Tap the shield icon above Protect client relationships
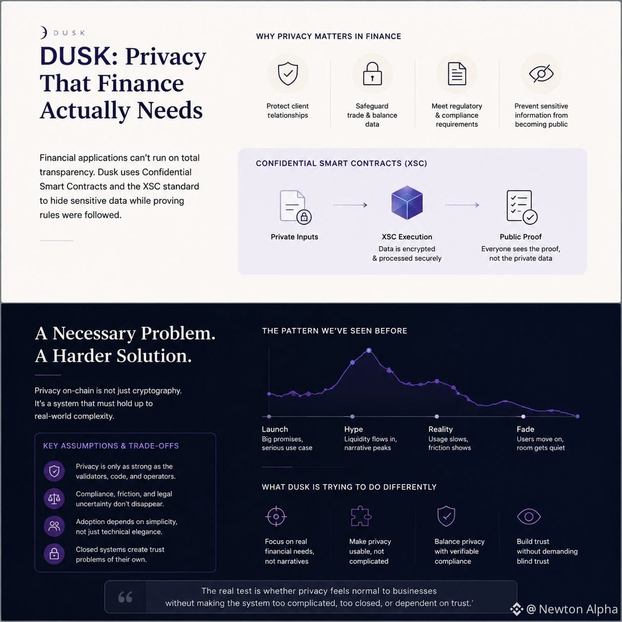[288, 73]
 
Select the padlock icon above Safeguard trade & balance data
[372, 73]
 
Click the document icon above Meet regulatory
[457, 74]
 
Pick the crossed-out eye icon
[541, 73]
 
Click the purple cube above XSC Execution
[407, 203]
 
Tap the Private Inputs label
[294, 237]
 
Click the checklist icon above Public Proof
[522, 207]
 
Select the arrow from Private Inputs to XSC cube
[350, 205]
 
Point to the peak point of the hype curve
[369, 350]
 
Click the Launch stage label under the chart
[275, 430]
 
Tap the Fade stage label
[525, 430]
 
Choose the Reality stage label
[440, 430]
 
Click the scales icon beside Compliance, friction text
[54, 498]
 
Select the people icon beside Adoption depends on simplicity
[54, 526]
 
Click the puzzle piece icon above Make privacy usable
[361, 516]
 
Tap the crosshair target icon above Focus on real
[276, 516]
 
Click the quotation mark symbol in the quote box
[125, 597]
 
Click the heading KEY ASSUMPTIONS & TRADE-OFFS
[111, 446]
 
